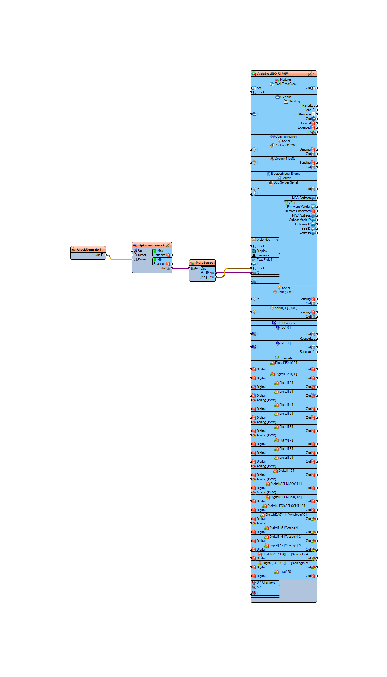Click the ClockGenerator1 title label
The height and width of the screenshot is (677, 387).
click(x=89, y=249)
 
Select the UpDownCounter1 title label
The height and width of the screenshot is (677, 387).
click(x=151, y=245)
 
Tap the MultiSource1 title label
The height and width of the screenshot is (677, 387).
click(x=205, y=263)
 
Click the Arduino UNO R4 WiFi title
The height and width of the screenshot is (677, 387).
click(x=273, y=74)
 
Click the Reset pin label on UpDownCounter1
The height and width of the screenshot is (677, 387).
click(x=142, y=255)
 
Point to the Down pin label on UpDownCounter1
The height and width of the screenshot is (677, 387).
click(x=142, y=259)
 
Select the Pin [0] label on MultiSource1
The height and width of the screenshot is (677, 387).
click(x=205, y=273)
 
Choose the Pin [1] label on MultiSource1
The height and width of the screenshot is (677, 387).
click(x=205, y=277)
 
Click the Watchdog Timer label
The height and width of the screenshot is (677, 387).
click(x=267, y=240)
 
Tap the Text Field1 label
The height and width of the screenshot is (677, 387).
click(x=264, y=260)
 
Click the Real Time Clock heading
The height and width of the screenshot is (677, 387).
click(x=286, y=84)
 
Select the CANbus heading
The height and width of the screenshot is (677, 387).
click(x=286, y=97)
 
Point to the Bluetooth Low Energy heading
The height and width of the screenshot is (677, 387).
click(x=285, y=174)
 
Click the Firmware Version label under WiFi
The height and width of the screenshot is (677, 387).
click(x=299, y=207)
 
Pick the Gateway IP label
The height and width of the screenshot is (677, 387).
click(x=303, y=224)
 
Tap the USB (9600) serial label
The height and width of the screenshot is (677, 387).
click(x=285, y=292)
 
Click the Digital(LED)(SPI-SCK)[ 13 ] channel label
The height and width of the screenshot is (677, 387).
click(x=286, y=506)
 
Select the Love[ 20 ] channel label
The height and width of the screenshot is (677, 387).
click(x=286, y=572)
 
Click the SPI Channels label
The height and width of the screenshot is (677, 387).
click(x=266, y=582)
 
